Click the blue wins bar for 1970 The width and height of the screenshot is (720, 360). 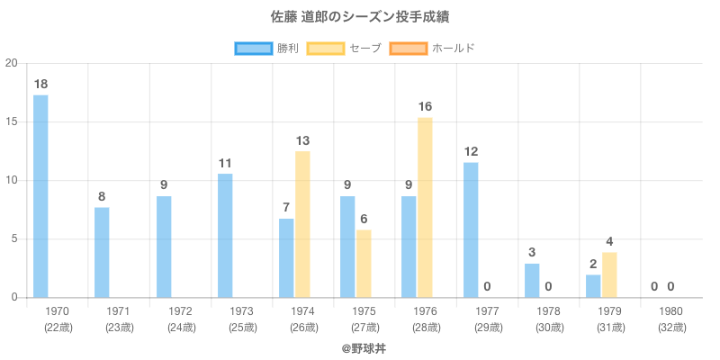tap(40, 196)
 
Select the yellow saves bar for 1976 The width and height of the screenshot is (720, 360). tap(425, 208)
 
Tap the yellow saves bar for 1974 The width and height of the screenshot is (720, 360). tap(302, 224)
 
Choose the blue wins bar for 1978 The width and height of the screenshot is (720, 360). tap(532, 280)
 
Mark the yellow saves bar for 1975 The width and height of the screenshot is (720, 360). tap(364, 264)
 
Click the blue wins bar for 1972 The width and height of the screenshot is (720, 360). tap(164, 247)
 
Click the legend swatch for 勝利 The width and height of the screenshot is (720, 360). tap(254, 48)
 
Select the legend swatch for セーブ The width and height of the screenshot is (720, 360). tap(326, 48)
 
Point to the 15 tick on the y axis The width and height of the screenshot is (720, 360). tap(12, 121)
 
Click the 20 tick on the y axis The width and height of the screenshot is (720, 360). tap(12, 63)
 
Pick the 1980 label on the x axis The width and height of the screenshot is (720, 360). tap(671, 311)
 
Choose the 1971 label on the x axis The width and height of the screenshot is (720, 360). tap(118, 311)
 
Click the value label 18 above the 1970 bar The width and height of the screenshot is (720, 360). tap(40, 85)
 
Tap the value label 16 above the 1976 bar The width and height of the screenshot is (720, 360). tap(425, 107)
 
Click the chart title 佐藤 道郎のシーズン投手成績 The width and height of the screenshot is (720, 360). tap(360, 17)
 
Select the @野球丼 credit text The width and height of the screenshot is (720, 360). tap(360, 346)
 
